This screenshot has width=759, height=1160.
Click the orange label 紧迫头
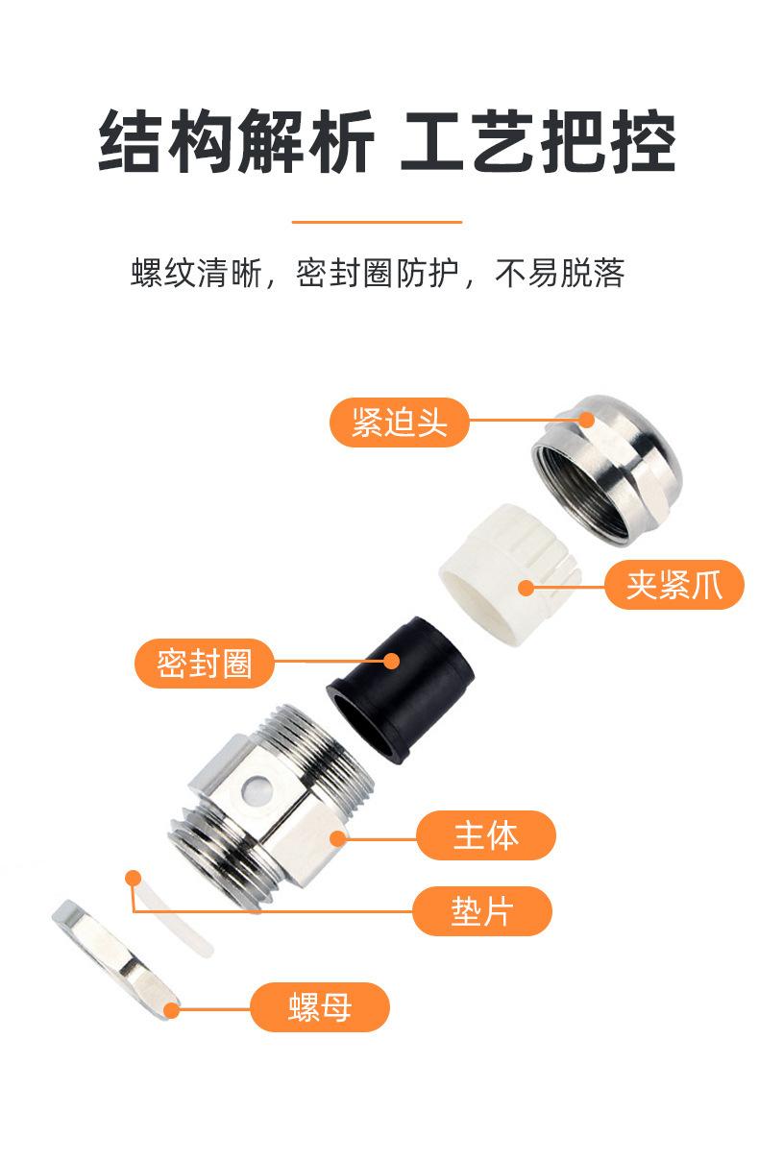coord(399,423)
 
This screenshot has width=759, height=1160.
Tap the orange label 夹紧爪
coord(674,585)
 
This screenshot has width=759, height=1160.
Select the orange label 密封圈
coord(204,664)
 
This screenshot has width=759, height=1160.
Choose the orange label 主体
coord(486,835)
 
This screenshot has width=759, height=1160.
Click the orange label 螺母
coord(320,1006)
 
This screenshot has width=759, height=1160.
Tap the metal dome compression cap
coord(607,471)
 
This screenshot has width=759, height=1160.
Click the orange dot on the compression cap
coord(587,420)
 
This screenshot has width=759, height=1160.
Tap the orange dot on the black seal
coord(392,662)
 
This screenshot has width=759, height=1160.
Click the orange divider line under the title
coord(377,222)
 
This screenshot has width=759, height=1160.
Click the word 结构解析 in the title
coord(236,141)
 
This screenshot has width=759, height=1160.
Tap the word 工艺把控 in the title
coord(539,141)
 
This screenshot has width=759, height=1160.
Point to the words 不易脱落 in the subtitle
coord(560,273)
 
